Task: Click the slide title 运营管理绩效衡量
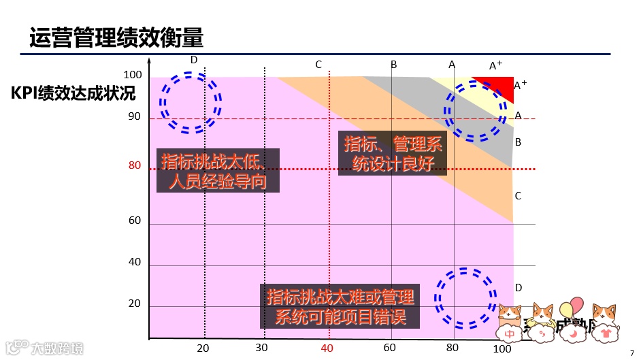tap(116, 37)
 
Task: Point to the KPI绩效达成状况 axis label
tap(73, 93)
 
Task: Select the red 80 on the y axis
tap(135, 165)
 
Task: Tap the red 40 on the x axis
tap(327, 348)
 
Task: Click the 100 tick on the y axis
tap(132, 76)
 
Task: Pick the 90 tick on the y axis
tap(135, 116)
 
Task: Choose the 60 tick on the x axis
tap(390, 348)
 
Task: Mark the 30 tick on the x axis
tap(262, 348)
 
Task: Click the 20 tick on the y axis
tap(135, 304)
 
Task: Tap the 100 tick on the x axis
tap(502, 348)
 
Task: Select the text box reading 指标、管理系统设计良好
tap(393, 154)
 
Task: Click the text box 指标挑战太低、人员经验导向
tap(218, 171)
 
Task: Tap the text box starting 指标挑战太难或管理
tap(340, 307)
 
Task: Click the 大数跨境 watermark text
tap(57, 348)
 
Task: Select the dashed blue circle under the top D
tap(190, 103)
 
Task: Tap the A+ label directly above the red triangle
tap(495, 65)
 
